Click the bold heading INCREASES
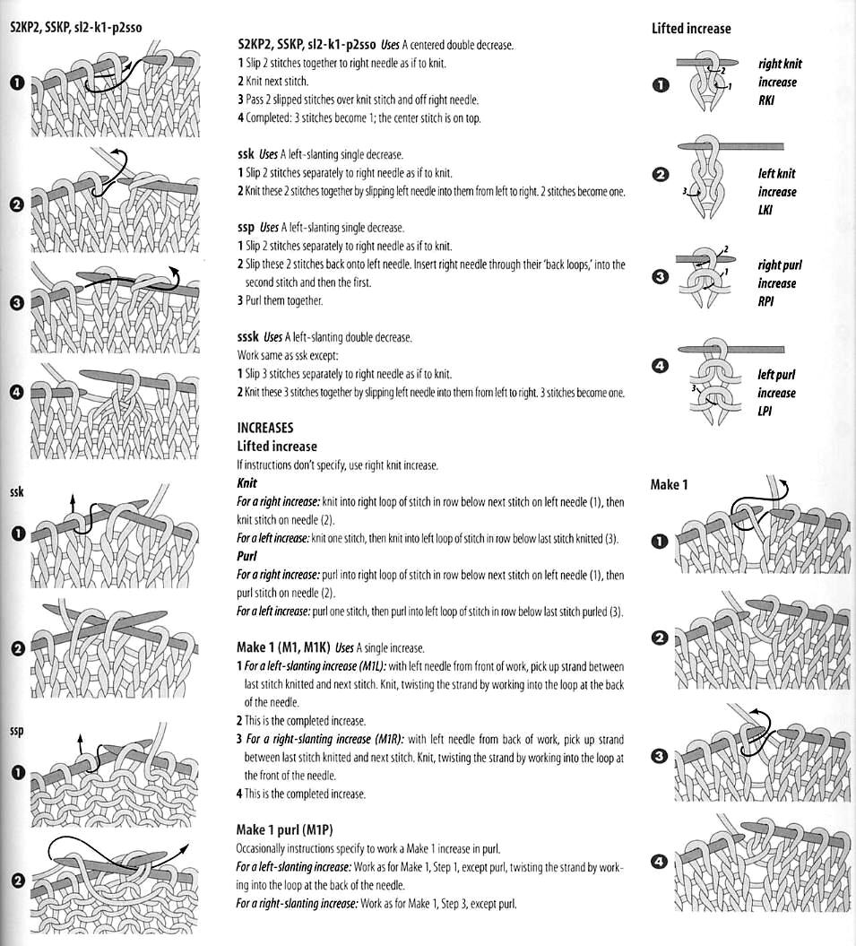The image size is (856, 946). (x=264, y=428)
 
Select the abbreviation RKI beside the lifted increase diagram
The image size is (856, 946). (x=765, y=100)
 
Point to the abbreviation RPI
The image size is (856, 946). (x=765, y=302)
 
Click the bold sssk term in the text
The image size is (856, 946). (x=248, y=337)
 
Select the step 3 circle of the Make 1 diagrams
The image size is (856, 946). (x=660, y=757)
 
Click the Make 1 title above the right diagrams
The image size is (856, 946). (x=669, y=485)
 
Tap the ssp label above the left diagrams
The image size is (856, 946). (x=16, y=731)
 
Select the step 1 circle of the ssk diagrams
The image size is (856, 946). (x=15, y=534)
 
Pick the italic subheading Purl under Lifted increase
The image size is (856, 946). (x=247, y=556)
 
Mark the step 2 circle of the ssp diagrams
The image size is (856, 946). (x=15, y=880)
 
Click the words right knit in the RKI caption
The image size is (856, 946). (x=780, y=64)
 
